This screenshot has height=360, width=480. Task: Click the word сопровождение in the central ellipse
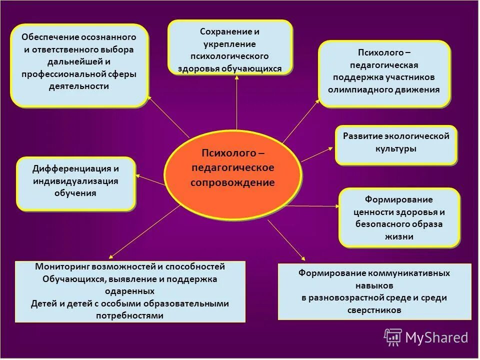pyautogui.click(x=232, y=182)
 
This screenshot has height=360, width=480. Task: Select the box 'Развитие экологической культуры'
pyautogui.click(x=395, y=144)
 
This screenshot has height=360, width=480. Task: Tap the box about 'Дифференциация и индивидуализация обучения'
pyautogui.click(x=75, y=183)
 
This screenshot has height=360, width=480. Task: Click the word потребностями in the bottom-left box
pyautogui.click(x=130, y=315)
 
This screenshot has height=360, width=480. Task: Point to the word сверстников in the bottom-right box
pyautogui.click(x=374, y=310)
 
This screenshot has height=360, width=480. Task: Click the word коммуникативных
pyautogui.click(x=409, y=273)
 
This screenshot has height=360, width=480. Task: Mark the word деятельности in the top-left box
pyautogui.click(x=78, y=85)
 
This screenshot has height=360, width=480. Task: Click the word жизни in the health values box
pyautogui.click(x=399, y=236)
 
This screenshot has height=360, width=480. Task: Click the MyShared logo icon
pyautogui.click(x=393, y=337)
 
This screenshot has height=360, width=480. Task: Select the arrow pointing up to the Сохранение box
pyautogui.click(x=236, y=102)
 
